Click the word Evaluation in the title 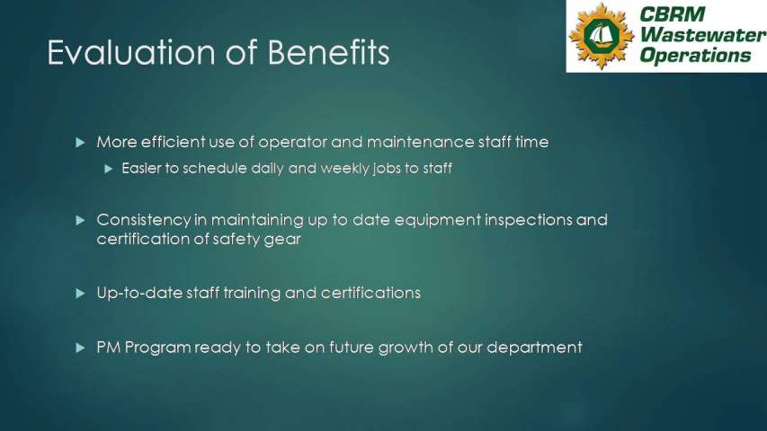tap(131, 52)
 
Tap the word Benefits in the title tap(329, 51)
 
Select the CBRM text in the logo tap(672, 14)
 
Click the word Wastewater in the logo tap(703, 35)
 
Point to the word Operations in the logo tap(695, 55)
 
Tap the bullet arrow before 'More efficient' tap(81, 143)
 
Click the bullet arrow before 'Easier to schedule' tap(109, 169)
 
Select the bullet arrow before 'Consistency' tap(81, 220)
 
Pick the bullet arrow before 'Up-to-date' tap(81, 294)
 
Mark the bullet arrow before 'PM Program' tap(81, 347)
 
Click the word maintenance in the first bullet tap(420, 142)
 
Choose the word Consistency tap(143, 220)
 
